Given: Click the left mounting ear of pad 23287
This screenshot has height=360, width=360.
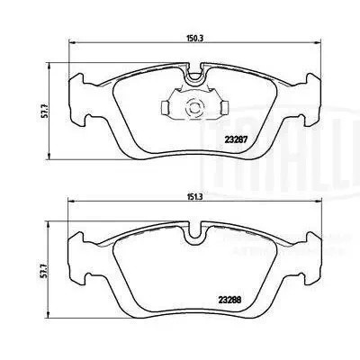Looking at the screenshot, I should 79,112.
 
